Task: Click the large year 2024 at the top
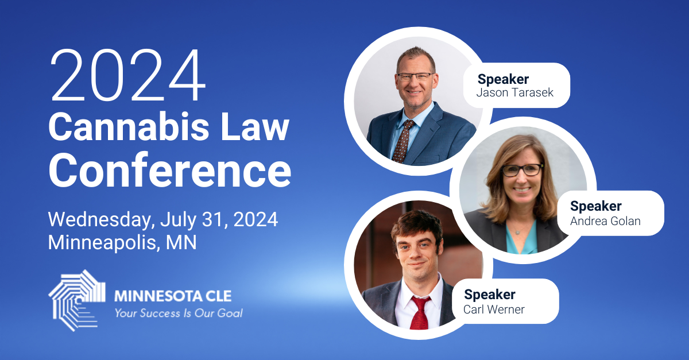coord(127,75)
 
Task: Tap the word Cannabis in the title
coord(129,127)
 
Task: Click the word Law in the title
coord(255,127)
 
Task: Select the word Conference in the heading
coord(170,170)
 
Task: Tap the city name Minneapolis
coord(102,243)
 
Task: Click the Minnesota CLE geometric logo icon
coord(76,300)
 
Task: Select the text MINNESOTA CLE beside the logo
coord(173,296)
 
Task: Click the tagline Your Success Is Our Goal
coord(179,313)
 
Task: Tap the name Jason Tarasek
coord(514,92)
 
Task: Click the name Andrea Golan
coord(605,221)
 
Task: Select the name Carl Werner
coord(494,309)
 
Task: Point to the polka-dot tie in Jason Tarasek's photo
coord(403,141)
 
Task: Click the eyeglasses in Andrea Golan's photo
coord(522,170)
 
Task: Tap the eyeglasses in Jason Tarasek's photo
coord(415,77)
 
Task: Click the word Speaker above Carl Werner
coord(490,295)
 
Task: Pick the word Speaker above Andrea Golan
coord(596,206)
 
